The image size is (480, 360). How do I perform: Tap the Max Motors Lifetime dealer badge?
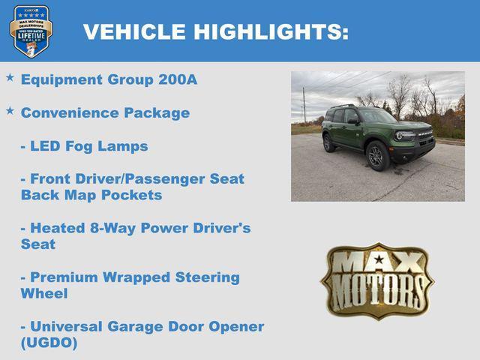31,31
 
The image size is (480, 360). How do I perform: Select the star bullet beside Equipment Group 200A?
10,77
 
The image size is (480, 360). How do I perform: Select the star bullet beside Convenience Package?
10,110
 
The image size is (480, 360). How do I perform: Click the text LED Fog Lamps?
84,145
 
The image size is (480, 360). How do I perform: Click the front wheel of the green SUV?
377,155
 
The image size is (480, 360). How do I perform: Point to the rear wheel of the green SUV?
329,143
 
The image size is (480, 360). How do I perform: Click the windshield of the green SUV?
376,116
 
